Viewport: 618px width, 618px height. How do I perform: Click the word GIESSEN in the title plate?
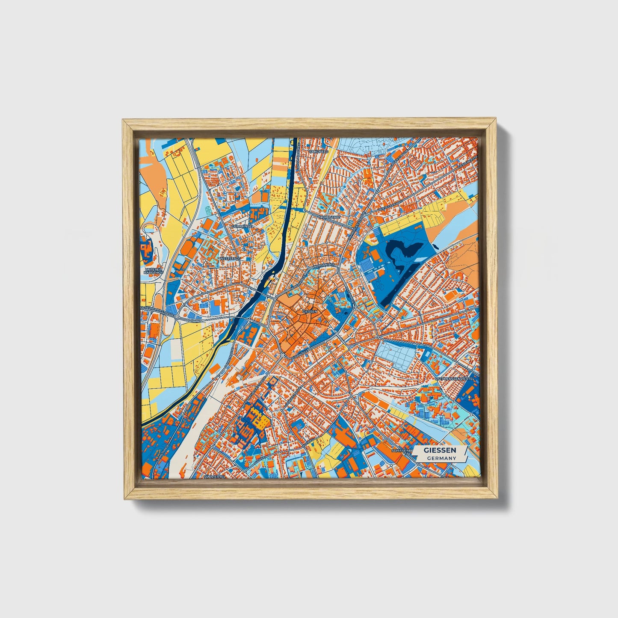click(x=440, y=450)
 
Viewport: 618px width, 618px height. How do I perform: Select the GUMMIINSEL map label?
click(x=242, y=226)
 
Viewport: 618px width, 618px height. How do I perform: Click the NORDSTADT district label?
click(x=330, y=217)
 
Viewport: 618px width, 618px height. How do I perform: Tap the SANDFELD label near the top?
click(x=318, y=151)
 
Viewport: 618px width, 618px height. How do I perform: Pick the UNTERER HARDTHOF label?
click(x=153, y=272)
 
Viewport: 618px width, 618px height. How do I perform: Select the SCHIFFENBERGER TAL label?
click(x=402, y=453)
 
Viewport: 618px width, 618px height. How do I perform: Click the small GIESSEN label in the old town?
click(x=310, y=312)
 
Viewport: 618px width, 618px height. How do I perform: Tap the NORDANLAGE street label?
click(x=323, y=266)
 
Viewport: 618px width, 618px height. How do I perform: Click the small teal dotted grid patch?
click(x=208, y=210)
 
